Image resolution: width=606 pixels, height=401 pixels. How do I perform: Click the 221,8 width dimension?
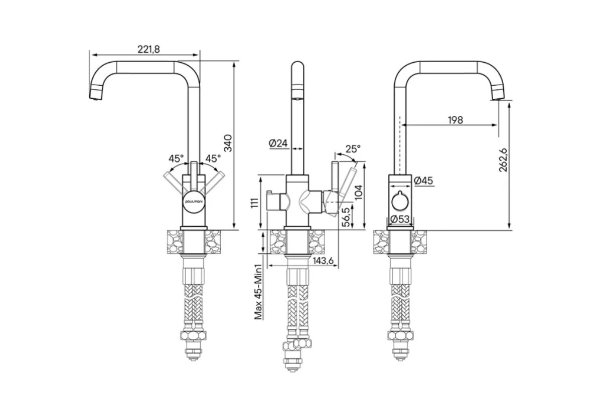[x=148, y=49]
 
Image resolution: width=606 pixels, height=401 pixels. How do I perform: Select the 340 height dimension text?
[x=228, y=143]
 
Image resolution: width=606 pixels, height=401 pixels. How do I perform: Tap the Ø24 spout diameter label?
[x=278, y=143]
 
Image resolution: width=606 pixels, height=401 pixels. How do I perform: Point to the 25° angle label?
[x=353, y=148]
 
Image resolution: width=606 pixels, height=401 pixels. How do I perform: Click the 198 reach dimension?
[x=456, y=120]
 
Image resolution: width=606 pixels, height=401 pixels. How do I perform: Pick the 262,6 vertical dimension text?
[x=503, y=160]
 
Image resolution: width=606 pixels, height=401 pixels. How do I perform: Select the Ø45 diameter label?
[x=423, y=180]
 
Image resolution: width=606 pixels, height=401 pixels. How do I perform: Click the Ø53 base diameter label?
[x=400, y=219]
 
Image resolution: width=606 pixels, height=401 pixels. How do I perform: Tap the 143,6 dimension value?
[x=323, y=261]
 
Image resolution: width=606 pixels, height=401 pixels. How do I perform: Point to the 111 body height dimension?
[x=254, y=203]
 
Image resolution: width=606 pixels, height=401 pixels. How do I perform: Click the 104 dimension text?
[x=359, y=192]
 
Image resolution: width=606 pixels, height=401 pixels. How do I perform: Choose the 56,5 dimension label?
[x=346, y=217]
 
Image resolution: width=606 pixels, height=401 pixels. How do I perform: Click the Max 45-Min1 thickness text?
[x=258, y=292]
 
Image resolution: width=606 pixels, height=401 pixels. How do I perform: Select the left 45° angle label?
[x=176, y=158]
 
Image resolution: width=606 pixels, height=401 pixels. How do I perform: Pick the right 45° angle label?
[x=213, y=158]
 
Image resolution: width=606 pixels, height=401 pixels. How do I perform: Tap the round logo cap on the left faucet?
[x=194, y=201]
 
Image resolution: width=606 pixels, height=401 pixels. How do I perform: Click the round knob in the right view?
[x=400, y=200]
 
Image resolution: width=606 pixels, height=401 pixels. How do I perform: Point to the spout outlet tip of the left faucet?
[x=95, y=99]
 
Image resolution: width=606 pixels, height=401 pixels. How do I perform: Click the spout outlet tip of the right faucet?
[x=498, y=99]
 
